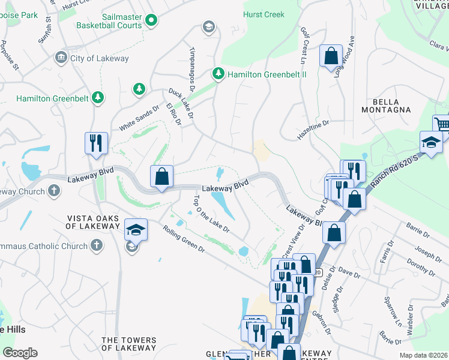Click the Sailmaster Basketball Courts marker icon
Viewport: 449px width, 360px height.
point(152,20)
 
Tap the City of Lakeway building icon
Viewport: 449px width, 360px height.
point(61,58)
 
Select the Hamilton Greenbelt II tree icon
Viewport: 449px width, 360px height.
point(218,74)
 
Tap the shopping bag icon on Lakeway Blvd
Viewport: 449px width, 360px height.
point(161,177)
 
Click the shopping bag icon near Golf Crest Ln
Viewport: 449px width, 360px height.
point(331,56)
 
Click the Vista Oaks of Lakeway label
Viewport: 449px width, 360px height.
point(92,221)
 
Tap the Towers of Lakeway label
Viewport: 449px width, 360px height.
point(128,344)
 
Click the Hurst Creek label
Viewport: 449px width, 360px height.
point(264,14)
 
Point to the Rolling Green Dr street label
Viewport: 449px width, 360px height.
point(183,238)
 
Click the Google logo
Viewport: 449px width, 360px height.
point(20,353)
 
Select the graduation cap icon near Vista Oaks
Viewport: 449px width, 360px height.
point(136,230)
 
